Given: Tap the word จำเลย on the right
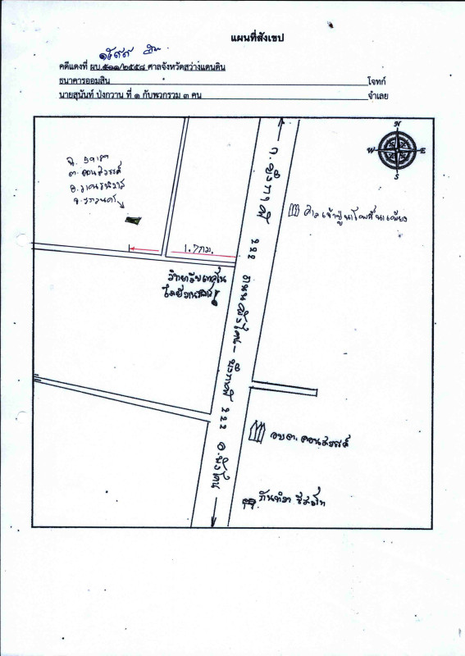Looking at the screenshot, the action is [x=378, y=97].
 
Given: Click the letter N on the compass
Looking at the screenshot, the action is [x=398, y=124].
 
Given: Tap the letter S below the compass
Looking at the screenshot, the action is [x=398, y=176].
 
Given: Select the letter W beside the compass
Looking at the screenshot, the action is [x=372, y=150].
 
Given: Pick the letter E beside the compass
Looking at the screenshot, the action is [x=423, y=150].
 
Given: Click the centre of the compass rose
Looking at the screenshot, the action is [x=398, y=150].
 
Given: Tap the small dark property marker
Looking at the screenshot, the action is [x=132, y=220].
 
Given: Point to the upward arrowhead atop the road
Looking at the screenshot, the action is [x=280, y=121].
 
